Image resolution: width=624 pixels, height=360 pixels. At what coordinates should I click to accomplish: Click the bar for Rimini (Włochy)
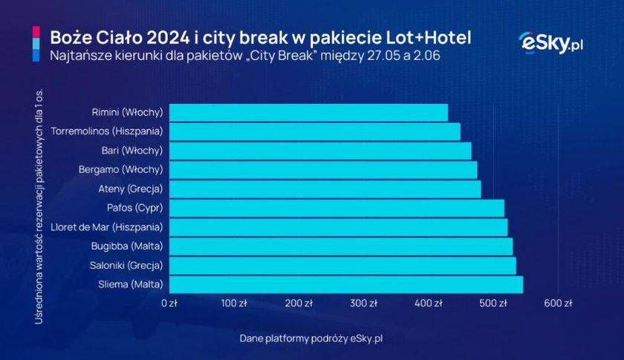click(308, 113)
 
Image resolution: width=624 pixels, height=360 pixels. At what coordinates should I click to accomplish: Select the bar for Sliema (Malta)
click(346, 285)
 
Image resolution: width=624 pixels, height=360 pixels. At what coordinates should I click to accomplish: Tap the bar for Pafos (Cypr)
click(337, 208)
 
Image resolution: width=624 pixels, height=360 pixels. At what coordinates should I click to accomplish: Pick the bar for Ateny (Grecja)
click(325, 189)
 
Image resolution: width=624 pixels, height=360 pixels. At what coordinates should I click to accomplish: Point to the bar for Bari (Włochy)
click(320, 151)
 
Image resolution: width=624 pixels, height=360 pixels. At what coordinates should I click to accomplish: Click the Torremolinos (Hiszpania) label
click(107, 131)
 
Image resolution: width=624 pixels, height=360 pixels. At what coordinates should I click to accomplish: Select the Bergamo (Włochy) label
click(120, 170)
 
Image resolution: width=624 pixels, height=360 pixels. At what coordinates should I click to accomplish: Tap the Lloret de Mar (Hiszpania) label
click(107, 227)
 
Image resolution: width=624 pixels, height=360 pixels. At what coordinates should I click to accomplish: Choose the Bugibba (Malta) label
click(127, 246)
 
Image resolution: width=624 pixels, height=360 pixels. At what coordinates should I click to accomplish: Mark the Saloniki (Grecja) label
click(126, 265)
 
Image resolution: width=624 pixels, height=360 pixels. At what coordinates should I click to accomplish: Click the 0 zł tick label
click(169, 304)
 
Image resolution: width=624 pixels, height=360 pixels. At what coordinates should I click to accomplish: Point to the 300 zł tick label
click(364, 304)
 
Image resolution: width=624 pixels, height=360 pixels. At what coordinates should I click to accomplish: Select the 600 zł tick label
click(558, 304)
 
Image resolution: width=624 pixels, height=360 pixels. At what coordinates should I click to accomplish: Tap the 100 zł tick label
click(234, 304)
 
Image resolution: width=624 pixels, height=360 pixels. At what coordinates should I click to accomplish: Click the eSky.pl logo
click(551, 42)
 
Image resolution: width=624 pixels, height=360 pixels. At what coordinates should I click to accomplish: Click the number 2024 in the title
click(168, 38)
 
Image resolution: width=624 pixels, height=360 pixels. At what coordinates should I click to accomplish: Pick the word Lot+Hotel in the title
click(429, 38)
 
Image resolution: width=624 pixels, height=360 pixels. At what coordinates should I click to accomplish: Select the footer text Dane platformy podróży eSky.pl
click(311, 338)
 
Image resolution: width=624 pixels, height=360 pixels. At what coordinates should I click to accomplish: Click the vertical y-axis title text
click(39, 206)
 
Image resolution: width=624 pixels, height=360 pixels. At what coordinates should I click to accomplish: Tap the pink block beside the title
click(36, 32)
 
